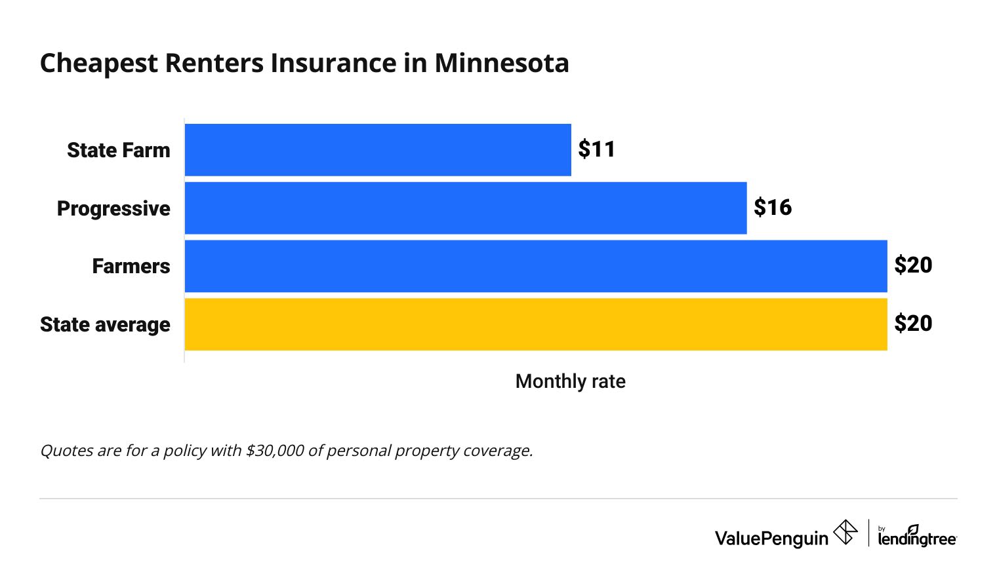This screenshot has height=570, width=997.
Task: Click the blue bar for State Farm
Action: (378, 150)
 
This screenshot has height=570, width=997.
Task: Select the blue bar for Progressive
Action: (466, 208)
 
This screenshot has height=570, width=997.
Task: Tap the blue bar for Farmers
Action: (536, 266)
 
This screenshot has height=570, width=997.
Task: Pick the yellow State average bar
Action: (536, 324)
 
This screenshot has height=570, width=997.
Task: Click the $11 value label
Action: (596, 149)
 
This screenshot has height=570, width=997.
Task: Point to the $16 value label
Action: (772, 208)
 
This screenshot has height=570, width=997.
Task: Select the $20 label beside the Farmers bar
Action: (913, 265)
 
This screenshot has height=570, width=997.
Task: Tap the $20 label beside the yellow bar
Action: (913, 324)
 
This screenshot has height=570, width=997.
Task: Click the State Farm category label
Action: (119, 150)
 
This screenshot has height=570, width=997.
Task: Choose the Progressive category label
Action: (113, 208)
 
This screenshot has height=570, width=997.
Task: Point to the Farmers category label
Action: (131, 266)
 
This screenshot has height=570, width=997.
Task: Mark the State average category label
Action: (105, 324)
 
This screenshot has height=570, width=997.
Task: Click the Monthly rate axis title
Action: (570, 381)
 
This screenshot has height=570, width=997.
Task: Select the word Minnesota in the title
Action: (501, 63)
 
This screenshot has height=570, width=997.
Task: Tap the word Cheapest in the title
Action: (99, 63)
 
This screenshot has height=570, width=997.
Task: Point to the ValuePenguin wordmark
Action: (771, 539)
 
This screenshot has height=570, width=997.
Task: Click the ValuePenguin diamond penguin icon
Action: (845, 532)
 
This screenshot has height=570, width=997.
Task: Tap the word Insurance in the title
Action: (333, 63)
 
